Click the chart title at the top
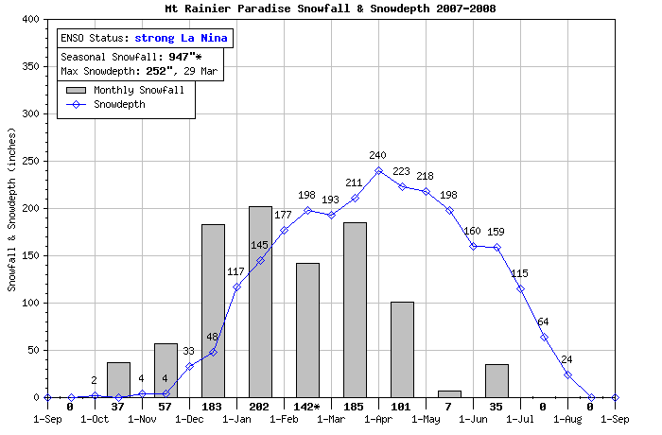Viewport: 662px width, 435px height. [x=330, y=9]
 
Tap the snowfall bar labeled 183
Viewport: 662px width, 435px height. [x=213, y=310]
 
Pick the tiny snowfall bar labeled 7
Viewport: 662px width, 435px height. [x=449, y=393]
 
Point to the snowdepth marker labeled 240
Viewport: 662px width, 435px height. [x=378, y=170]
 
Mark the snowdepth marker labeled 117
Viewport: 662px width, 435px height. [x=236, y=287]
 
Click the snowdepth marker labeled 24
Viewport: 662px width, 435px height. [x=567, y=374]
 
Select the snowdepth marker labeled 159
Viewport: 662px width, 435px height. [x=496, y=247]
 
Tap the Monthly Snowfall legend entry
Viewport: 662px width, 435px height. [x=131, y=91]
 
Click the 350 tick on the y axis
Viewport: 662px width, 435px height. [x=29, y=66]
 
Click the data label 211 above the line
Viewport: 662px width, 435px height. [x=355, y=183]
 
